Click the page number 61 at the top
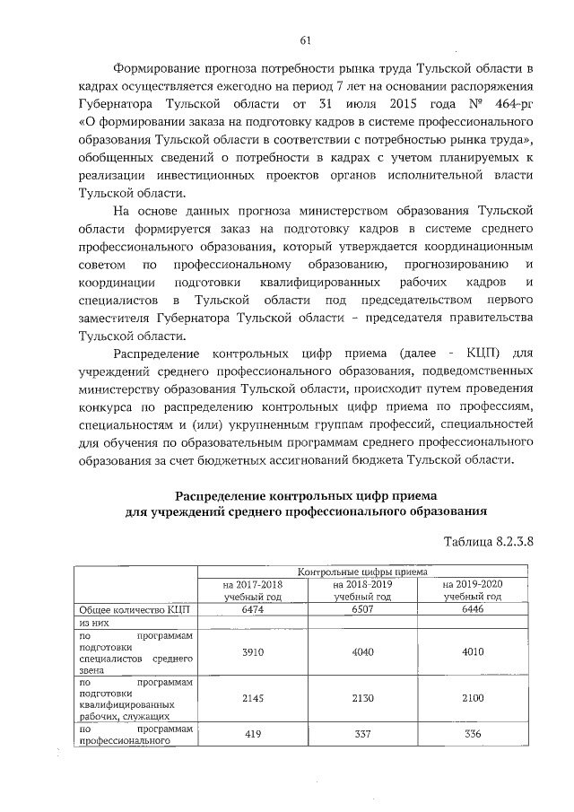[305, 39]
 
